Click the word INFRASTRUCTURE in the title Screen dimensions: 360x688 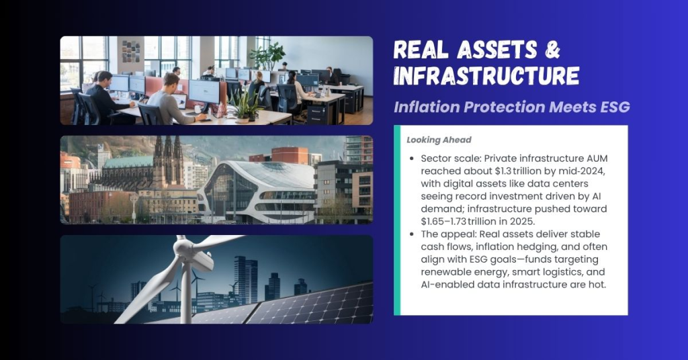tap(486, 76)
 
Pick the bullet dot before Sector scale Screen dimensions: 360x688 tap(411, 161)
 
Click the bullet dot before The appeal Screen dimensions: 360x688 tap(411, 234)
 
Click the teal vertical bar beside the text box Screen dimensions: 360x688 tap(397, 220)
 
